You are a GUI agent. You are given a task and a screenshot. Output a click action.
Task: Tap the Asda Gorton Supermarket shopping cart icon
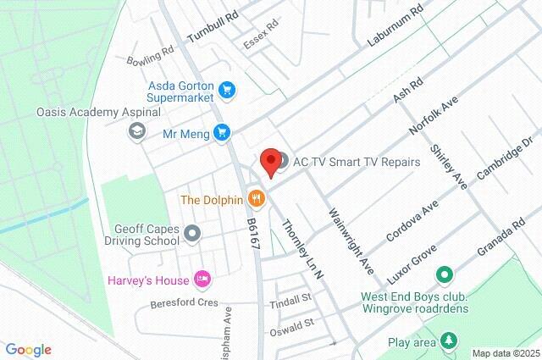(x=226, y=89)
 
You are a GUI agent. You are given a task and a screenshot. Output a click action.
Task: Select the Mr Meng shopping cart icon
(x=222, y=132)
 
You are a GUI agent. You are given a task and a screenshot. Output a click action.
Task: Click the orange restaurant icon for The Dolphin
(x=257, y=201)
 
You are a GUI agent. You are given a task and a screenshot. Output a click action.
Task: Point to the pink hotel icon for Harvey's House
(x=202, y=278)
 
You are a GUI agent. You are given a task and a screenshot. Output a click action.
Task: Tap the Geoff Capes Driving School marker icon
(x=193, y=232)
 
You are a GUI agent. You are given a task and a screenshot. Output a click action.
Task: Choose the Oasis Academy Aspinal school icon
(x=135, y=130)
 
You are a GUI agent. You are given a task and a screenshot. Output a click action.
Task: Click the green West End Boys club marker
(x=442, y=276)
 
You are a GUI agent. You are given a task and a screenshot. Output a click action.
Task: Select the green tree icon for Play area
(x=448, y=342)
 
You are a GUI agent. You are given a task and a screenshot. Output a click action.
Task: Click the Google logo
(x=29, y=350)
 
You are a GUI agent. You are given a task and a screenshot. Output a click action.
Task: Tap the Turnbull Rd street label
(x=213, y=25)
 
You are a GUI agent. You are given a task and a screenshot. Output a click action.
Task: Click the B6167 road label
(x=252, y=232)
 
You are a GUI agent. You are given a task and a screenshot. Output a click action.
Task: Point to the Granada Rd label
(x=501, y=234)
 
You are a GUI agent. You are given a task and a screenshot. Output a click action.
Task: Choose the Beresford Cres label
(x=184, y=302)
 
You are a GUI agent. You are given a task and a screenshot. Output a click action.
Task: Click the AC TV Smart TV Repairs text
(x=357, y=162)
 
